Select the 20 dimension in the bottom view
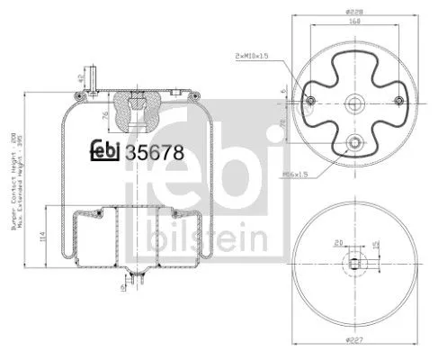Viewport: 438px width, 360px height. pyautogui.click(x=337, y=241)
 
